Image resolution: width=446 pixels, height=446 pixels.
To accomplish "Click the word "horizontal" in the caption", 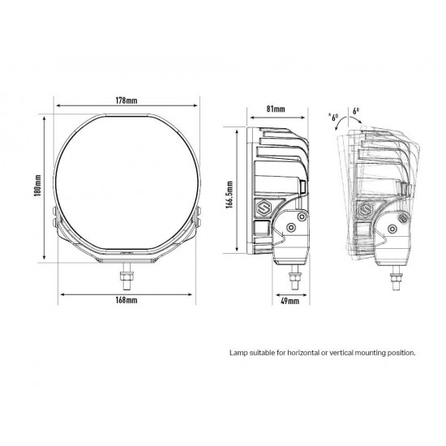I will pos(297,353).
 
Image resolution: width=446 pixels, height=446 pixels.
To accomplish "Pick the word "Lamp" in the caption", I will pos(238,353).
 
